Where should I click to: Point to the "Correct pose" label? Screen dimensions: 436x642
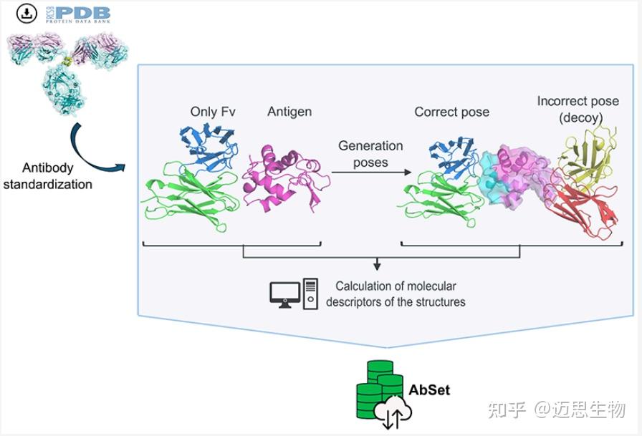tap(451, 112)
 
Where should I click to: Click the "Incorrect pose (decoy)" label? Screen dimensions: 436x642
tap(578, 110)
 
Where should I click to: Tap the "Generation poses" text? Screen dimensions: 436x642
tap(370, 154)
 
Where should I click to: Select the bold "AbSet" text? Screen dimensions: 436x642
tap(429, 390)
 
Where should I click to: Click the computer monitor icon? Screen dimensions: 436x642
tap(284, 294)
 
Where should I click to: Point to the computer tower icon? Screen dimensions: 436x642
tap(310, 294)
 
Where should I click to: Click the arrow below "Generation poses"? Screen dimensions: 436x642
tap(370, 173)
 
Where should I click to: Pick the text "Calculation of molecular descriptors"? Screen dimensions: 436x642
tap(396, 294)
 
